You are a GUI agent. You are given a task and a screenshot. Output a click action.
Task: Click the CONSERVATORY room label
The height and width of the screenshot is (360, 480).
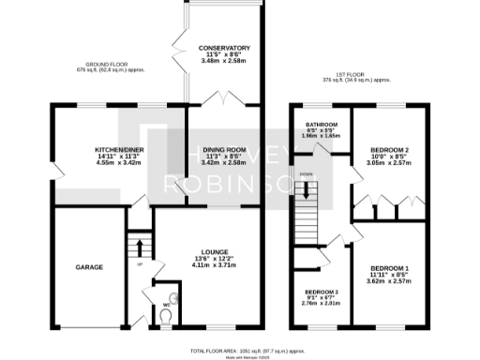(224, 48)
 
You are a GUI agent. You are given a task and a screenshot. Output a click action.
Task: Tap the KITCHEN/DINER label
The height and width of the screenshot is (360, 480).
(91, 150)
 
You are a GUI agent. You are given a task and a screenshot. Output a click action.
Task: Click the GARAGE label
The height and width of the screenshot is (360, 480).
(88, 267)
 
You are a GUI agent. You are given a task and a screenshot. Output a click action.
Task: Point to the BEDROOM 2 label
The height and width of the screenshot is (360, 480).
(387, 150)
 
